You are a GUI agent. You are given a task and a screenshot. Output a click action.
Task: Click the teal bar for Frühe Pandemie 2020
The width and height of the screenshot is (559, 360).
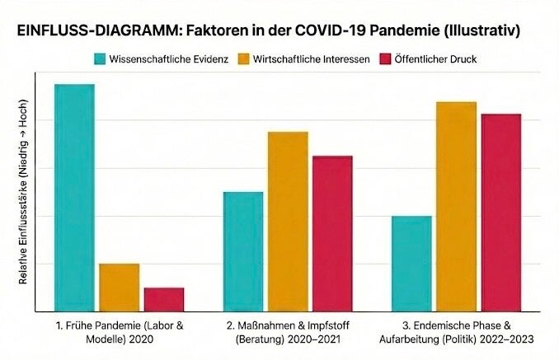[74, 198]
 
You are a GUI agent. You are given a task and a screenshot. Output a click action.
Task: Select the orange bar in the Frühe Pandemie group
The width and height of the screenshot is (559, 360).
[120, 288]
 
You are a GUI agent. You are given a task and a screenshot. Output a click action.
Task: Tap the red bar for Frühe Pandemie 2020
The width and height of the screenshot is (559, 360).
[164, 299]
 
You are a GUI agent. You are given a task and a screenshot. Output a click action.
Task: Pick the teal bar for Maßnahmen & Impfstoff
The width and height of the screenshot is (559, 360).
[243, 251]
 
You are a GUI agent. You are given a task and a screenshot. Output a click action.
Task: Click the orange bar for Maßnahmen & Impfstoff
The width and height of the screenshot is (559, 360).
[288, 221]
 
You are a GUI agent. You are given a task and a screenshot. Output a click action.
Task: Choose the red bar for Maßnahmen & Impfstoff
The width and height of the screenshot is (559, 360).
[332, 233]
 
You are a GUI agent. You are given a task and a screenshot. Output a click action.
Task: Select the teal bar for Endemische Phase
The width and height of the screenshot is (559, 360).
[411, 264]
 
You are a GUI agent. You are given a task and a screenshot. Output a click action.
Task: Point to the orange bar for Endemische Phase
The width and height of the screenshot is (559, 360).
[457, 206]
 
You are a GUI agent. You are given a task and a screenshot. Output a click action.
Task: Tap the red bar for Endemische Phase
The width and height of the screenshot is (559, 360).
[501, 212]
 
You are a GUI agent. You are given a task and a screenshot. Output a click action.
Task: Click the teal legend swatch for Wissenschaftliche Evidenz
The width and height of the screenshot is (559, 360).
[100, 59]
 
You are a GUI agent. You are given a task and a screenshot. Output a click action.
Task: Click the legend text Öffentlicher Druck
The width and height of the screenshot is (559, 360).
[435, 59]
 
